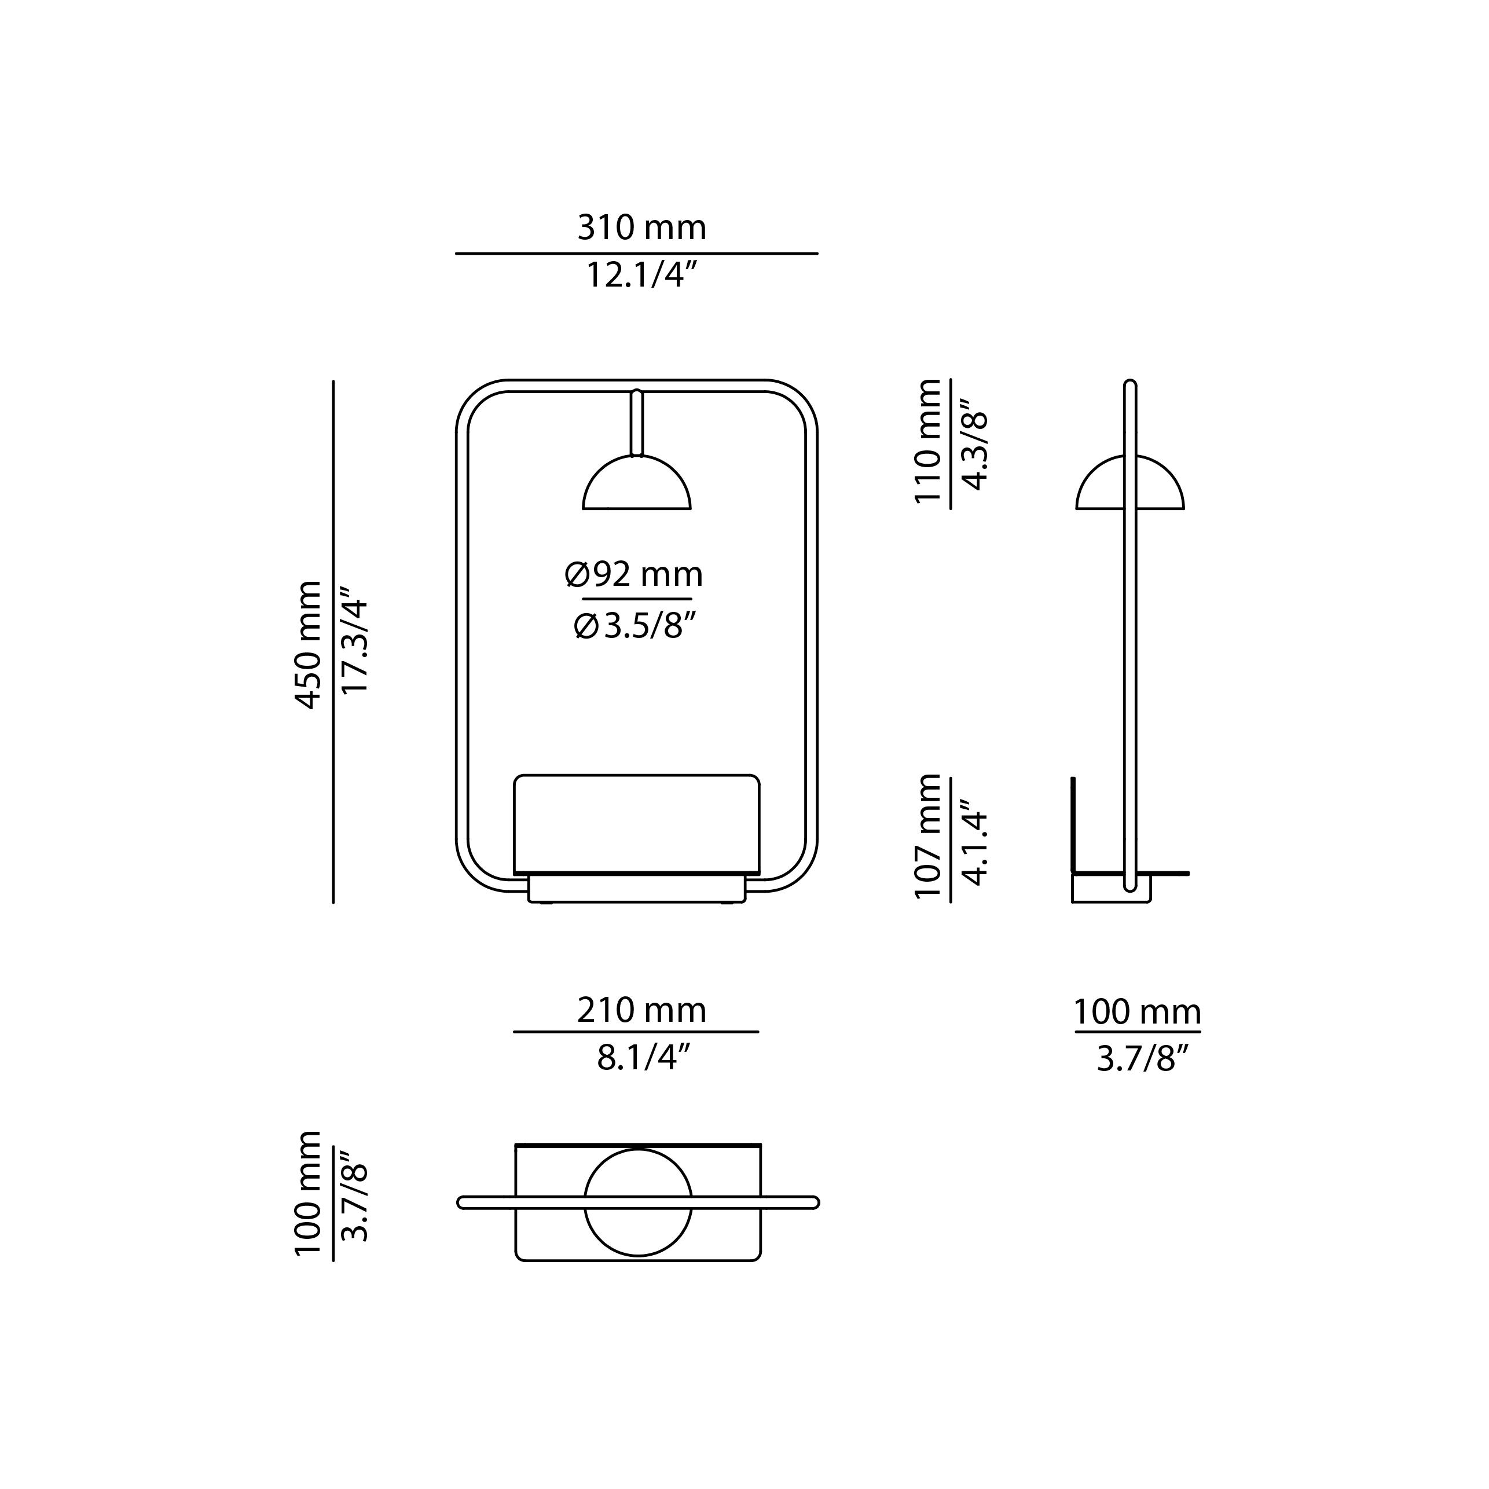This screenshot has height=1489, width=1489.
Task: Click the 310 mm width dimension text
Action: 641,228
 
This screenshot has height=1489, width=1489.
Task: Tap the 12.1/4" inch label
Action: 641,274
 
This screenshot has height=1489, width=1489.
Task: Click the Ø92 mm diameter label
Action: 633,575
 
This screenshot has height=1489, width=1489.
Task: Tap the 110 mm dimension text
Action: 928,443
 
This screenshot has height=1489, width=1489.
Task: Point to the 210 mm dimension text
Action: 641,1010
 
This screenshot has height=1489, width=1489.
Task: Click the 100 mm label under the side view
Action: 1138,1011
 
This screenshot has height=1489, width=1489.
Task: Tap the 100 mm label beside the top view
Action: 309,1194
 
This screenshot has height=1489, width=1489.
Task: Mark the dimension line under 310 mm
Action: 637,253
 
